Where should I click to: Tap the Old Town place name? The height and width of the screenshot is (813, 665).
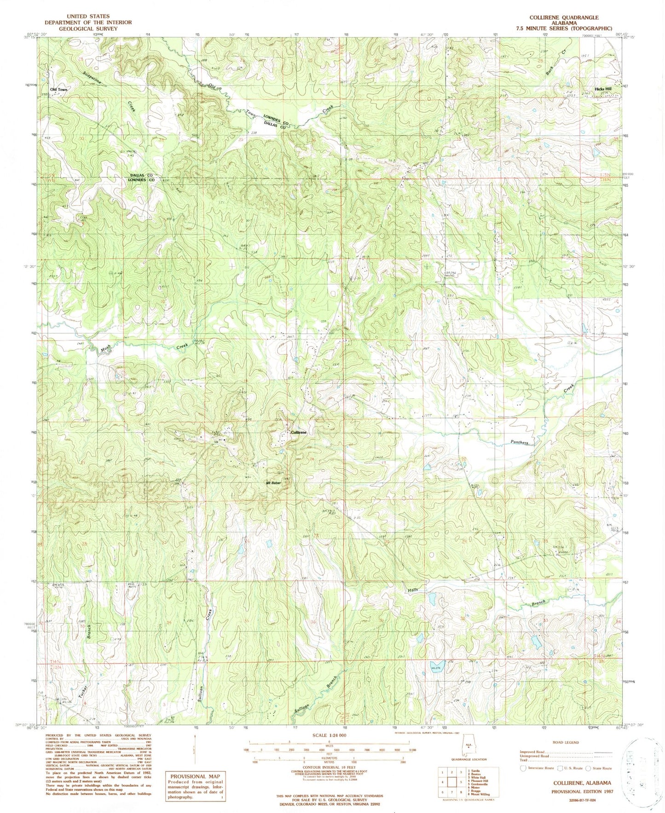pyautogui.click(x=58, y=89)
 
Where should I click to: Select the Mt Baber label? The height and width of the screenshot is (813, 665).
pyautogui.click(x=274, y=483)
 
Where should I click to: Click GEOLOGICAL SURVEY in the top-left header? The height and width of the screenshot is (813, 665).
pyautogui.click(x=88, y=29)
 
